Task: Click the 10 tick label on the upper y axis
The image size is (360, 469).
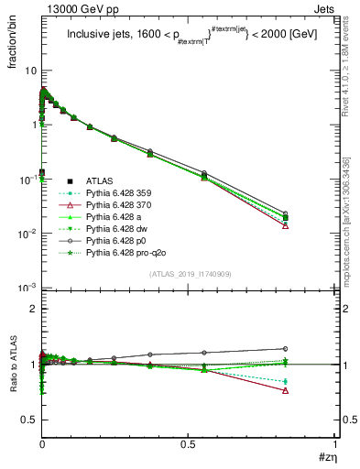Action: click(x=27, y=71)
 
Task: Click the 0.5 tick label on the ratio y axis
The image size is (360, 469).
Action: click(x=26, y=420)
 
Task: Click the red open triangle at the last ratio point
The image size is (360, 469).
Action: click(x=286, y=390)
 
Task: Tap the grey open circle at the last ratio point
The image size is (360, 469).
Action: click(x=286, y=348)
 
